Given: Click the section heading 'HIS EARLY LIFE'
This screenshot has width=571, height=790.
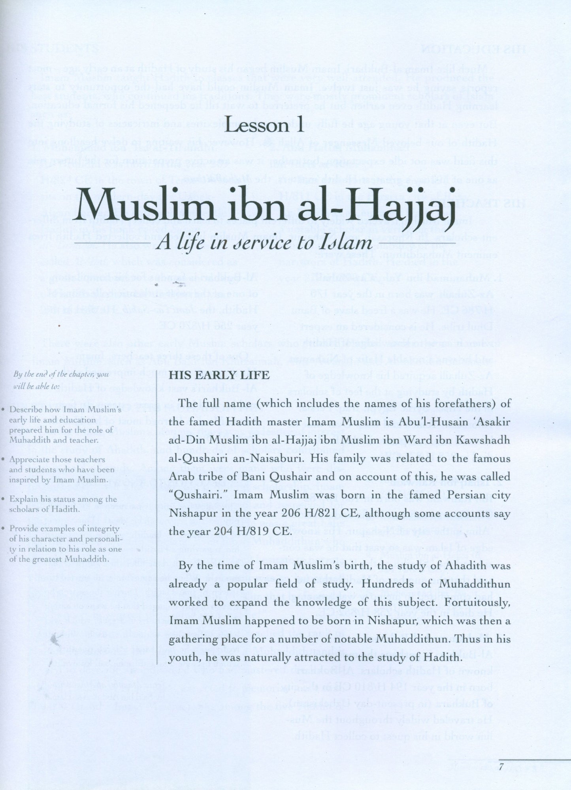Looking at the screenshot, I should tap(219, 375).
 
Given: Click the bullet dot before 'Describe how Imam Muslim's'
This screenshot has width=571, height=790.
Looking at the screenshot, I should tap(3, 410).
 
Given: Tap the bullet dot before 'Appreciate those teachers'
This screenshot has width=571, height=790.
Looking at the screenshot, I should tap(3, 460).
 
